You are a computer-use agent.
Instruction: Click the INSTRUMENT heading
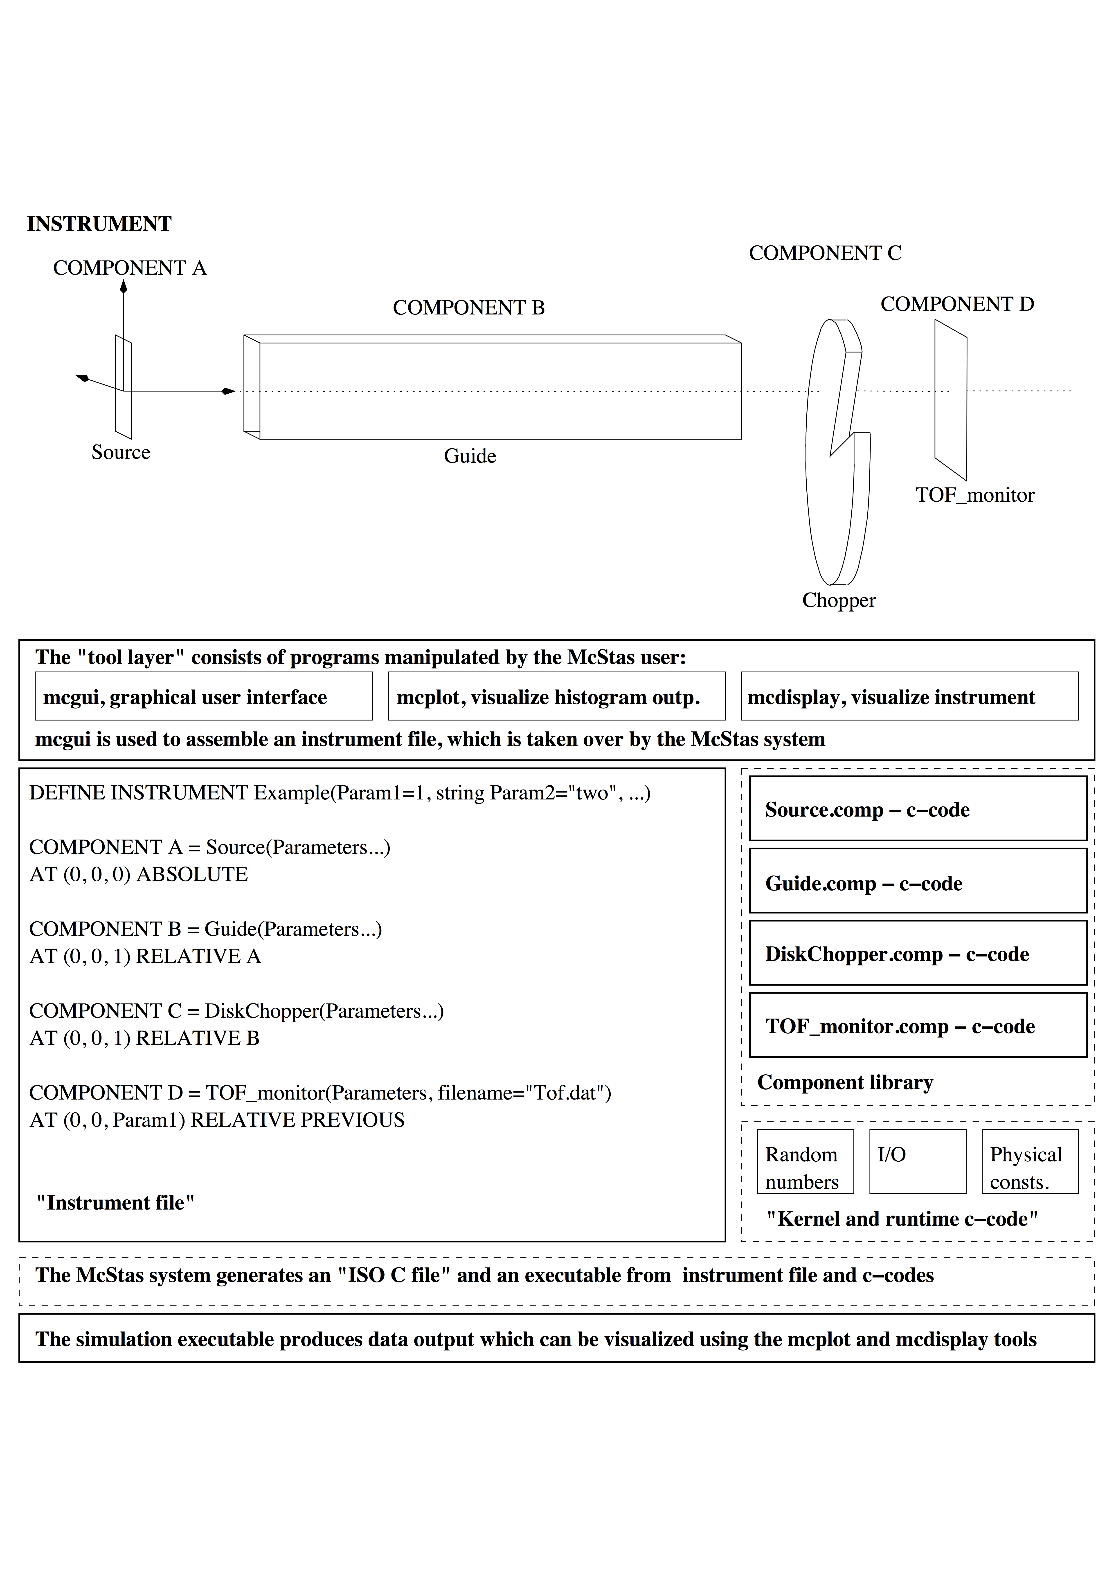[99, 224]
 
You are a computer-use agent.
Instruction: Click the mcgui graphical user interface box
[204, 696]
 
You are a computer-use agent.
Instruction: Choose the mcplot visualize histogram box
[556, 696]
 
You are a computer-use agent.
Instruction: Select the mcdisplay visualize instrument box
[909, 696]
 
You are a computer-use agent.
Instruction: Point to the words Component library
[845, 1082]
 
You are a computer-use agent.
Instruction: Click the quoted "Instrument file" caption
[115, 1203]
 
